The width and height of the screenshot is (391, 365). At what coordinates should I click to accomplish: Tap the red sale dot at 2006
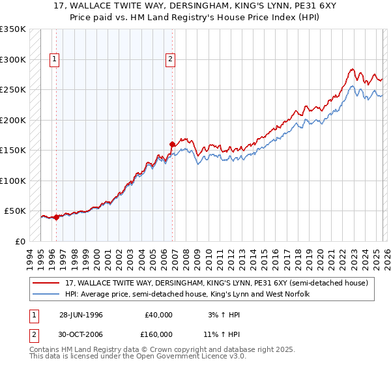[173, 145]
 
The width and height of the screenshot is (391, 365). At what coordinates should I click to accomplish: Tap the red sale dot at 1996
[57, 218]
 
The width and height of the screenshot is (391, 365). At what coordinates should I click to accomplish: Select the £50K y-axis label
[15, 211]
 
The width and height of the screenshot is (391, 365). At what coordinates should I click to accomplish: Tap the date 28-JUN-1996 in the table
[81, 314]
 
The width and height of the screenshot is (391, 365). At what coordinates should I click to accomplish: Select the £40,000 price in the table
[158, 314]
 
